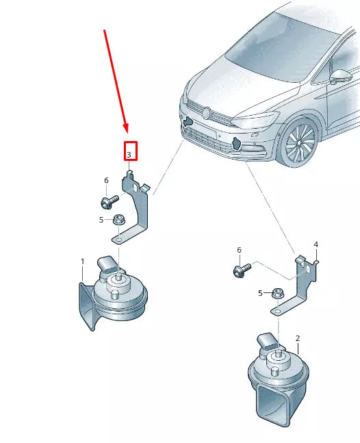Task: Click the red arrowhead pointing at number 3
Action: pos(126,129)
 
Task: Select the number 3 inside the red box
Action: pos(129,155)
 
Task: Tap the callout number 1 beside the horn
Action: pos(82,262)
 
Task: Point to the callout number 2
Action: pos(298,338)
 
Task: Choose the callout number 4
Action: pos(316,244)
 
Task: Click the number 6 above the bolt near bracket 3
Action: pos(106,180)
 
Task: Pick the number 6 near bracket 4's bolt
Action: pos(239,251)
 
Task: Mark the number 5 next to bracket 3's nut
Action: pos(101,220)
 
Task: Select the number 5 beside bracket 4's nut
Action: pos(260,293)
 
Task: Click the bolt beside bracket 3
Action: pos(109,201)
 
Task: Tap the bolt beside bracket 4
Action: pos(242,270)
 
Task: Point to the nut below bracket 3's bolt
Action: pos(118,220)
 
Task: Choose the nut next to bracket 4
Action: pos(277,293)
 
